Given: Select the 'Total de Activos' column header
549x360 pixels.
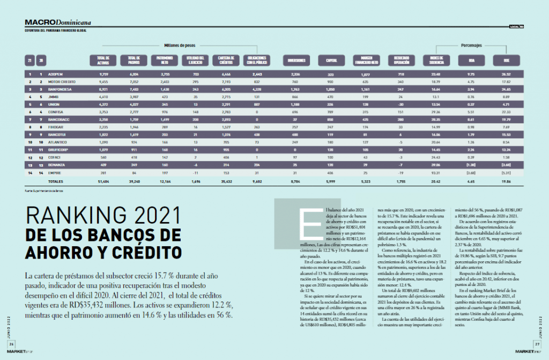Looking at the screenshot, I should point(103,60).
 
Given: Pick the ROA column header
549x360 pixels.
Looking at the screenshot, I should point(471,60).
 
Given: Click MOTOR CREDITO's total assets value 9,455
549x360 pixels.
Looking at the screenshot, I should point(104,82).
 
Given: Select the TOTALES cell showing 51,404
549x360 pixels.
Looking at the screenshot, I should point(104,182).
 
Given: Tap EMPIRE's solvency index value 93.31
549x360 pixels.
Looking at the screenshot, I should point(435,173).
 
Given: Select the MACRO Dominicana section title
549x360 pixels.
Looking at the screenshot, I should point(58,23).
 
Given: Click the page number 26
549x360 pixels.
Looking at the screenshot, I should point(11,344).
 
